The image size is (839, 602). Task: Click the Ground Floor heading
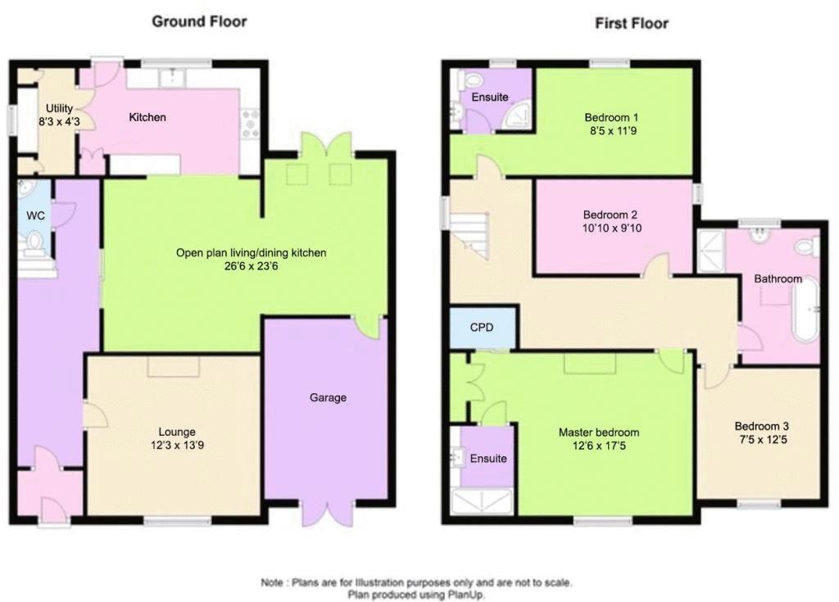(199, 21)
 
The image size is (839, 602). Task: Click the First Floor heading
(632, 24)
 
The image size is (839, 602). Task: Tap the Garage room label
(328, 397)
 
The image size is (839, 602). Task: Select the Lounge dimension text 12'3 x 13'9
(177, 446)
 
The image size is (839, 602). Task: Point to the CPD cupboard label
(482, 328)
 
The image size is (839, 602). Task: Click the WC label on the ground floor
(35, 215)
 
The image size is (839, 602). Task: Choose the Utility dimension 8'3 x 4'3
(59, 122)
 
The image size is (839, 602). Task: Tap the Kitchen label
(147, 117)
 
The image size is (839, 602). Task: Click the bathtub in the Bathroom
(806, 310)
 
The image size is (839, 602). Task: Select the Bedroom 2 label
(610, 215)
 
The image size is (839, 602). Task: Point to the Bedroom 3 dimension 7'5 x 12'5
(762, 441)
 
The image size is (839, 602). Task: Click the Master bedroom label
(599, 432)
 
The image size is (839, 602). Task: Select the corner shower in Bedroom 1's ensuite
(518, 115)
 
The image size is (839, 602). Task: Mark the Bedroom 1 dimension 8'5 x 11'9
(613, 131)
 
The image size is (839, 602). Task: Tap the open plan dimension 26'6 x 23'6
(251, 266)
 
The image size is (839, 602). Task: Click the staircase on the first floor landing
(469, 235)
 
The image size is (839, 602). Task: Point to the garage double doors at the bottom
(327, 513)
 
